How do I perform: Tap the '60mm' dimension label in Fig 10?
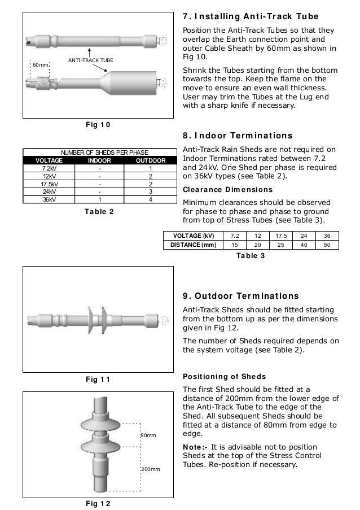pos(40,66)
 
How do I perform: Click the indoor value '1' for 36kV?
pos(99,199)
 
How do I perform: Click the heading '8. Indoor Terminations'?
pos(238,136)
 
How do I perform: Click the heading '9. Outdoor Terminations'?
pos(242,296)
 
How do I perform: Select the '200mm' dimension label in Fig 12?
pos(150,469)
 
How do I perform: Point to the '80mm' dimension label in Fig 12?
pos(148,436)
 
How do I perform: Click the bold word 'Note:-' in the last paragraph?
pos(195,446)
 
